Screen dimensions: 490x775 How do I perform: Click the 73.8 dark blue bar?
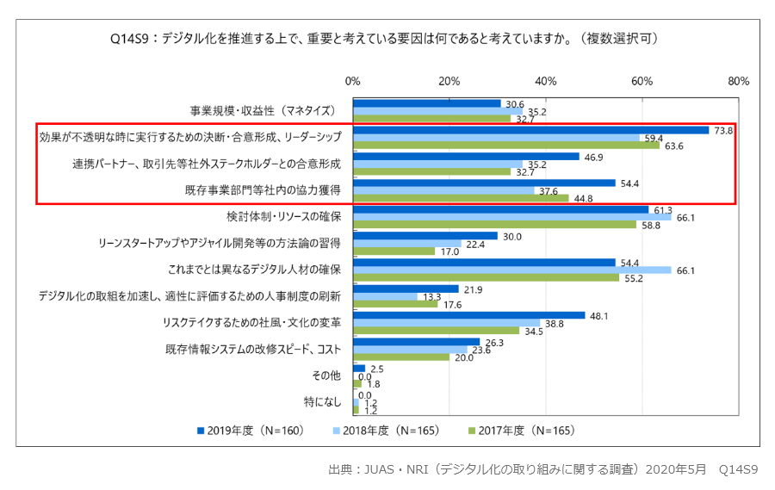(530, 130)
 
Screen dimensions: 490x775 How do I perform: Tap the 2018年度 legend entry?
(387, 431)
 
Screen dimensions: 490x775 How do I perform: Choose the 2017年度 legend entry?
(522, 431)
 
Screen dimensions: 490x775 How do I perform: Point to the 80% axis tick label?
(738, 81)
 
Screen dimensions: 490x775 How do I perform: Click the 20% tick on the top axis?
(449, 81)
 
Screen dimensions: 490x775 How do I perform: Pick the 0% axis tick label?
(352, 81)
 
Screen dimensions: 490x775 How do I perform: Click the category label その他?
(327, 375)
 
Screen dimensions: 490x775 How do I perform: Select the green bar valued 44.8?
(461, 197)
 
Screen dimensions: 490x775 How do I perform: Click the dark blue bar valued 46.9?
(466, 157)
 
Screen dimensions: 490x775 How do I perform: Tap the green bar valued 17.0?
(394, 251)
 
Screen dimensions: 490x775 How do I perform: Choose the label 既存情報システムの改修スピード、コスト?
(253, 350)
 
